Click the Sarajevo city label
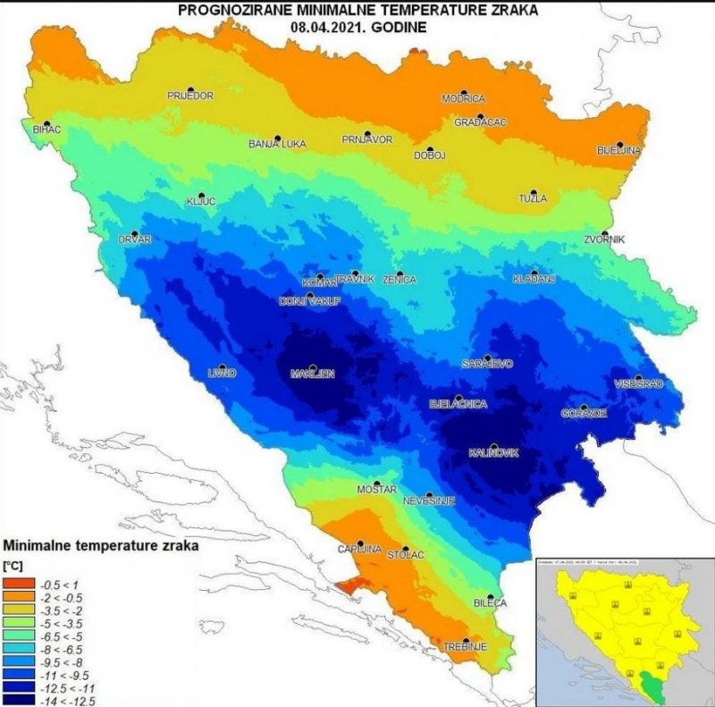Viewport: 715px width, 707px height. [486, 365]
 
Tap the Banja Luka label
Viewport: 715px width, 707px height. [277, 143]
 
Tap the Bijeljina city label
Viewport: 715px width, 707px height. [618, 150]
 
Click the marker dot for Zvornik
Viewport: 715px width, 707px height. [606, 234]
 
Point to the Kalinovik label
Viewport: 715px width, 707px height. [493, 453]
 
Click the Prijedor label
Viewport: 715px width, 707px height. [190, 96]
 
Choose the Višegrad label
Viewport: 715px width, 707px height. [638, 383]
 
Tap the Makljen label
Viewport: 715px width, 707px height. [311, 375]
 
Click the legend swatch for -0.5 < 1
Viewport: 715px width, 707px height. [17, 582]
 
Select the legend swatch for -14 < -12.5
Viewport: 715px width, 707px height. [17, 701]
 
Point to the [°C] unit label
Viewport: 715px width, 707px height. [15, 566]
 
